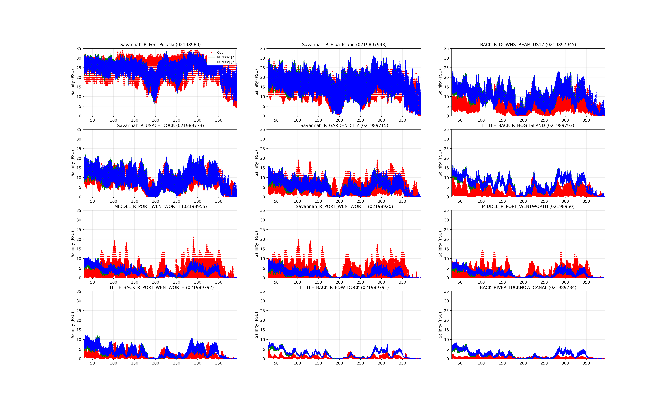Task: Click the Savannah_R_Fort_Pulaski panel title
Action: [x=160, y=45]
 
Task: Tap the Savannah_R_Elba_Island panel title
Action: [x=344, y=45]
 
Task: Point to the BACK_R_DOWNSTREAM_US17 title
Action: [x=528, y=45]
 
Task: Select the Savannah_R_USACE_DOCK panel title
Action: [x=160, y=125]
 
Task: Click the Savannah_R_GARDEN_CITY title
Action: [x=344, y=125]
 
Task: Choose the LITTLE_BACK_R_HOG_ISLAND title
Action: [x=528, y=125]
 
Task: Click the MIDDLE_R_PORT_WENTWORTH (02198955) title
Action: [x=160, y=206]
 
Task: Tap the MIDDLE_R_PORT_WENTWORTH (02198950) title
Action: [x=528, y=206]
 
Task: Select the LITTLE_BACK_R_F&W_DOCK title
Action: [x=344, y=287]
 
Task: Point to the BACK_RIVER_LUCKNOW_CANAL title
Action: [x=528, y=287]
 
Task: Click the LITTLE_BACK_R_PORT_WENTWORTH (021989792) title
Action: [x=160, y=287]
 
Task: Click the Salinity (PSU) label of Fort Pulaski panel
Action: [x=73, y=82]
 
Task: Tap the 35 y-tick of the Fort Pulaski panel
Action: [x=79, y=49]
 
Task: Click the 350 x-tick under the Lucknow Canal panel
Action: [x=586, y=363]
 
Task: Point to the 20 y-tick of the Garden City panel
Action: [x=262, y=158]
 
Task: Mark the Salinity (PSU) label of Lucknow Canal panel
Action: [x=440, y=325]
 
